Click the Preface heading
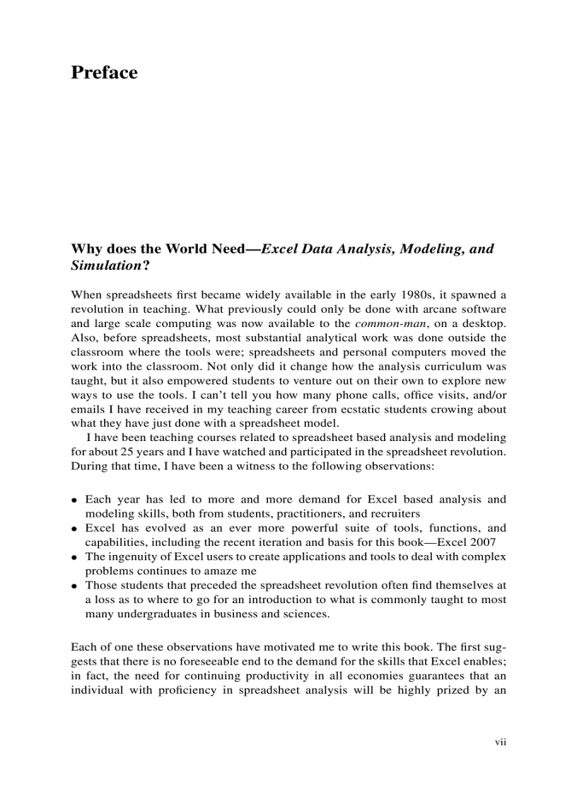[x=104, y=73]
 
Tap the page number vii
[x=501, y=742]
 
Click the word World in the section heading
[x=190, y=249]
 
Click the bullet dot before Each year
[x=74, y=500]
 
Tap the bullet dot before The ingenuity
[x=74, y=557]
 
